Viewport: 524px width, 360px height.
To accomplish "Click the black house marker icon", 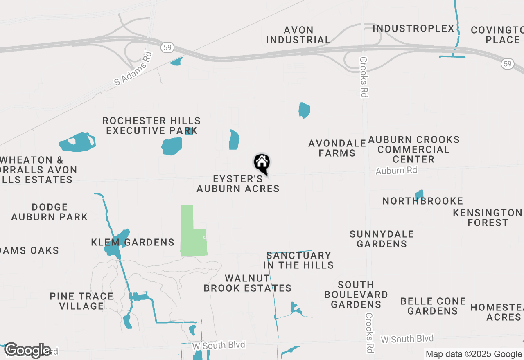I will click(x=262, y=163).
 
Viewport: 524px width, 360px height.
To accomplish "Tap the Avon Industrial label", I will click(x=298, y=35).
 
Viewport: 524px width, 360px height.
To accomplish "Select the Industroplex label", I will click(x=413, y=29).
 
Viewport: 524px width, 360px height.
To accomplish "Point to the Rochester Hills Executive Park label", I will click(x=151, y=126).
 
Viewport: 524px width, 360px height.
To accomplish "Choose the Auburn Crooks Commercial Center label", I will click(x=413, y=149).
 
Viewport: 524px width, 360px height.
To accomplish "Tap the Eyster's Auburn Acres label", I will click(x=238, y=184).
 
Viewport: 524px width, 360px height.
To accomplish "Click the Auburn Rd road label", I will click(x=396, y=170).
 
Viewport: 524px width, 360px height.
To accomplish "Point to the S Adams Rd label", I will click(x=133, y=68).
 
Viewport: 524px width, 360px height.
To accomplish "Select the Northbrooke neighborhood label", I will click(x=422, y=201).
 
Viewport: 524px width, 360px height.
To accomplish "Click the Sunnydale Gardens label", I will click(x=382, y=239).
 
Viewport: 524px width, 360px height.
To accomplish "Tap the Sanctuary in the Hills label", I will click(x=298, y=260).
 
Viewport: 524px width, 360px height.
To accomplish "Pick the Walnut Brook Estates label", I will click(x=247, y=283).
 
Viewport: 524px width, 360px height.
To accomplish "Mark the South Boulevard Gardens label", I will click(x=356, y=295).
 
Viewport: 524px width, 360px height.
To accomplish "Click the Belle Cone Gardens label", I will click(x=433, y=306).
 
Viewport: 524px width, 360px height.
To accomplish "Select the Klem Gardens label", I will click(x=133, y=242).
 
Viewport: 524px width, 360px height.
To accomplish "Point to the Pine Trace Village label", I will click(x=81, y=301).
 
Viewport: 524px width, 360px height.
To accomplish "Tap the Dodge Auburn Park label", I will click(x=49, y=212).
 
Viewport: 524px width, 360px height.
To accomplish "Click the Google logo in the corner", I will click(x=28, y=350).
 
